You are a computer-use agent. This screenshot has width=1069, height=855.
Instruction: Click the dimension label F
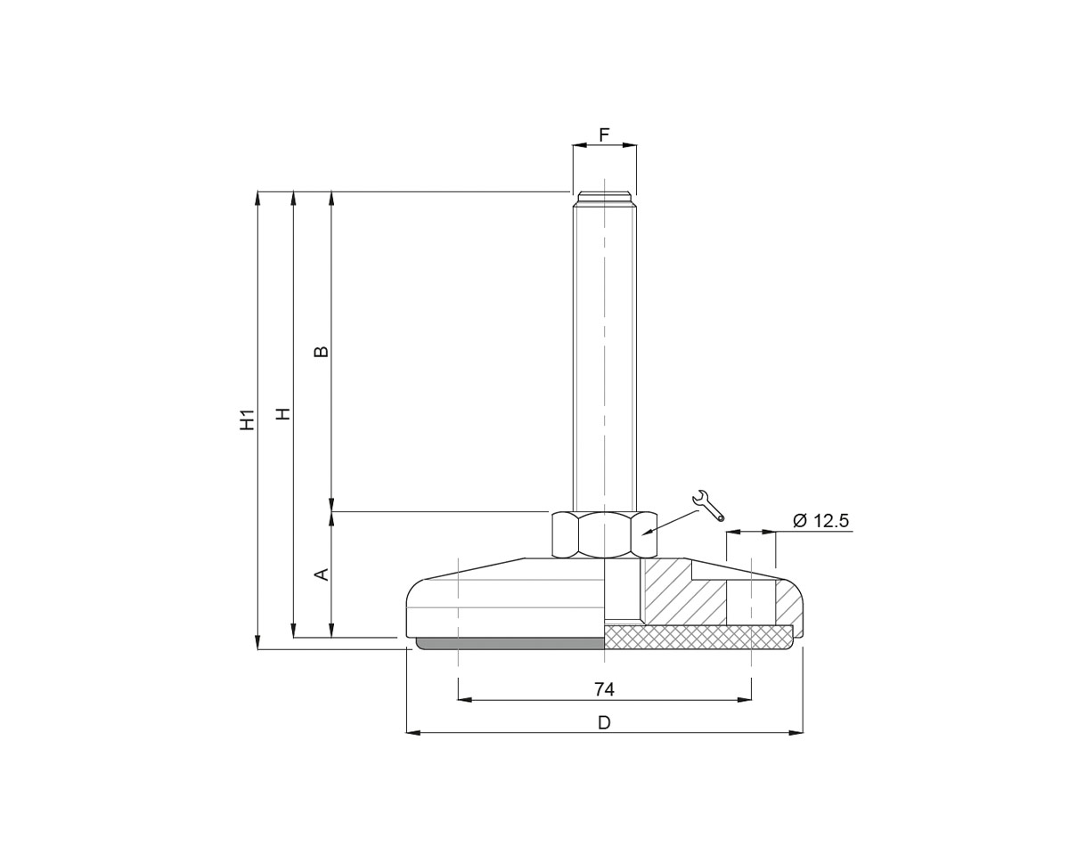(x=604, y=135)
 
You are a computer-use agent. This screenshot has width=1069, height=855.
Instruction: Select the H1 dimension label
(x=248, y=419)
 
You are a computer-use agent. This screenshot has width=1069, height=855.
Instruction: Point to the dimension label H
(x=283, y=414)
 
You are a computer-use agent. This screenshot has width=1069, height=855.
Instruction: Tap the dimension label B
(x=322, y=351)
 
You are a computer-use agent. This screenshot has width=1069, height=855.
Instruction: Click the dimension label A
(x=322, y=574)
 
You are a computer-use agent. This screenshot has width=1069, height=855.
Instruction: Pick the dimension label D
(x=604, y=722)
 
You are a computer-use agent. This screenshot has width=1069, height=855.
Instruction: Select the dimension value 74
(x=604, y=689)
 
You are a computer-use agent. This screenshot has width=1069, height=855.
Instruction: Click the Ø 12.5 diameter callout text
(x=820, y=521)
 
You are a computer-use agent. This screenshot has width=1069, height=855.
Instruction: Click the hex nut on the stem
(x=604, y=535)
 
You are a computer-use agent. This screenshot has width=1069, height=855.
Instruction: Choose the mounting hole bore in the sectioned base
(x=750, y=602)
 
